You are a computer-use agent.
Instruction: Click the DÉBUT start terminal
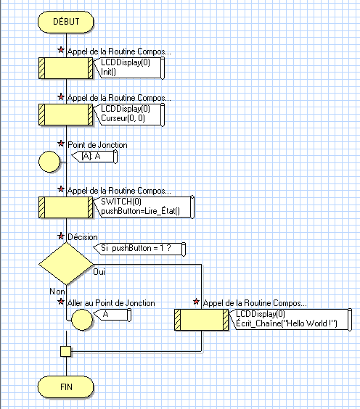(66, 22)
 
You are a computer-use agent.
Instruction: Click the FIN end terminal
(66, 386)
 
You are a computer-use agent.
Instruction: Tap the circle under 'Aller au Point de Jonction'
(83, 318)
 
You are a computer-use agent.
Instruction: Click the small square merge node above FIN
(66, 351)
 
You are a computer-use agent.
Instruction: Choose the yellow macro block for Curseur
(66, 115)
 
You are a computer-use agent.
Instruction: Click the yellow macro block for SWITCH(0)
(66, 206)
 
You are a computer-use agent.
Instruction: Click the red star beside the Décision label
(61, 237)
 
